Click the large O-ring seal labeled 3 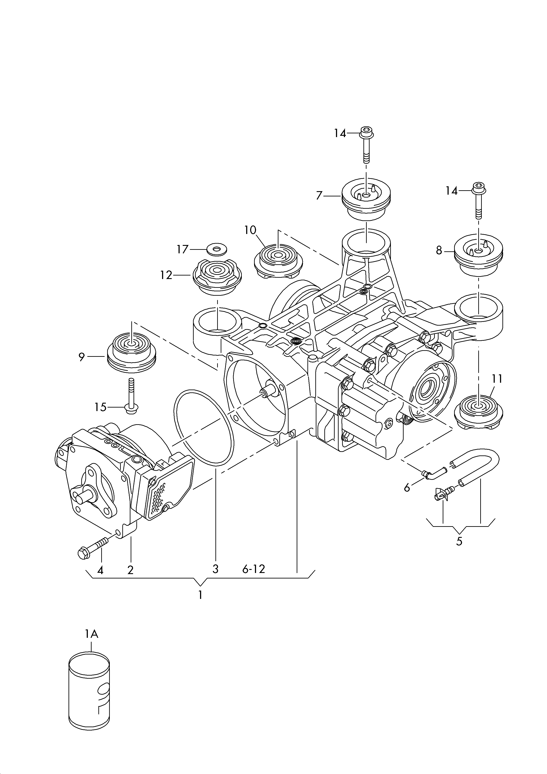click(204, 428)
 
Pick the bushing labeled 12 click(217, 277)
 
